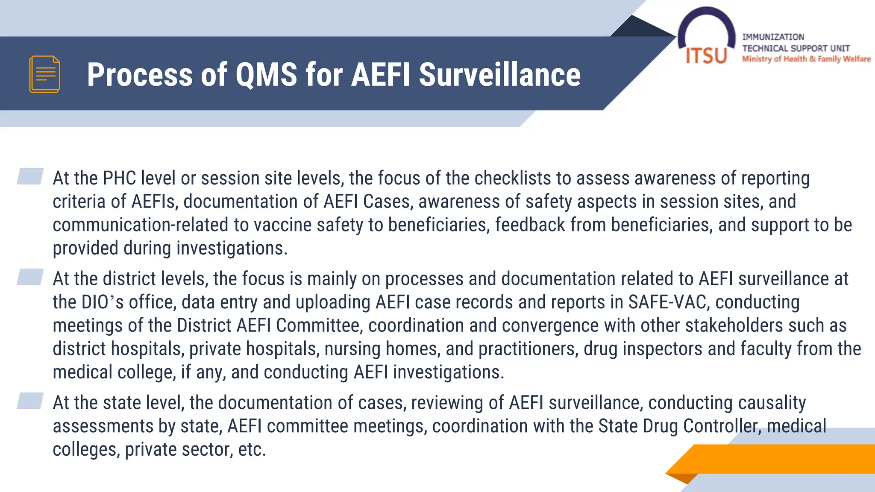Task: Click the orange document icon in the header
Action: coord(44,74)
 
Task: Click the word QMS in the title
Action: coord(266,75)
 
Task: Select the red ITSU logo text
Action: coord(706,56)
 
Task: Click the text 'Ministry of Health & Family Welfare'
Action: coord(806,59)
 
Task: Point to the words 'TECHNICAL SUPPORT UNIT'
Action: coord(796,48)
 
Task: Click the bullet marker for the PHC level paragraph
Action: coord(30,176)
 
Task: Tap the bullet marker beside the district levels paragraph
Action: coord(30,277)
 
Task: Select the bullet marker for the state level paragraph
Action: coord(30,401)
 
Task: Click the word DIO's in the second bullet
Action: coord(102,302)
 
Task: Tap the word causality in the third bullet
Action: coord(772,403)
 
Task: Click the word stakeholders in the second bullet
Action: coord(734,325)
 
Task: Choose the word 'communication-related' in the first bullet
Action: coord(141,225)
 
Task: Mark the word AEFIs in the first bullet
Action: coord(154,202)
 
